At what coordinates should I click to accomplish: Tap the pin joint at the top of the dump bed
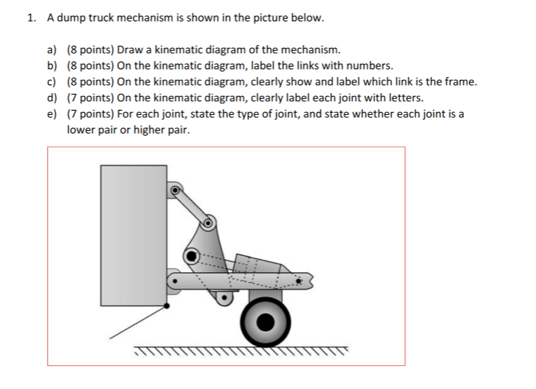coord(175,190)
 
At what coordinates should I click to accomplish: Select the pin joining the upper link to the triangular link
coord(209,221)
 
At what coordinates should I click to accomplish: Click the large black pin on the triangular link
coord(192,256)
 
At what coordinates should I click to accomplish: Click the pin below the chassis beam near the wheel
coord(222,294)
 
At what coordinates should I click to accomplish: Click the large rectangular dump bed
coord(134,236)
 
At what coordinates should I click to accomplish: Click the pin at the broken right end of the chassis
coord(295,278)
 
